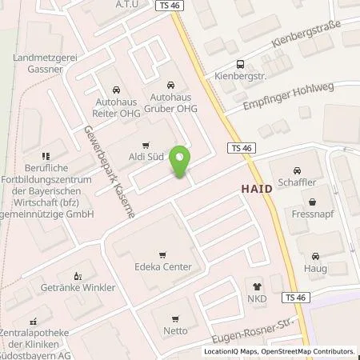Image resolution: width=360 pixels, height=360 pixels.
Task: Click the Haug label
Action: click(x=314, y=270)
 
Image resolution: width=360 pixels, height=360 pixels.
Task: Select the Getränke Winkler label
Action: click(x=78, y=287)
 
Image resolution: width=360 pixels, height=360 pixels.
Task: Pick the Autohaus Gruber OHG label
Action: click(x=170, y=104)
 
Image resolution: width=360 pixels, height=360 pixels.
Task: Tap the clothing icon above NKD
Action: click(x=258, y=285)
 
